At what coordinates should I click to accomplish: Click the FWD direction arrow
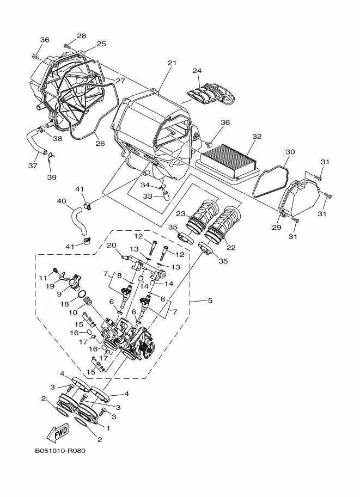click(57, 433)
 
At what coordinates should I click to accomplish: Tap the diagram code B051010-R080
click(60, 450)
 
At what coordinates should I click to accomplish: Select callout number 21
click(172, 63)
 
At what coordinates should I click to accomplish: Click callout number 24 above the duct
click(197, 70)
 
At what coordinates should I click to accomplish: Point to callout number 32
click(257, 136)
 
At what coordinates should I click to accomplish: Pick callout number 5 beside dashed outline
click(210, 300)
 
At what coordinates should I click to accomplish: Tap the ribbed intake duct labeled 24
click(211, 94)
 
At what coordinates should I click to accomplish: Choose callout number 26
click(100, 144)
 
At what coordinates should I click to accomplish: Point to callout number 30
click(290, 152)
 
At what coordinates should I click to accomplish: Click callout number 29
click(277, 227)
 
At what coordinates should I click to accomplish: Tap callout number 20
click(112, 245)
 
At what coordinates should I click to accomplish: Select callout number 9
click(59, 294)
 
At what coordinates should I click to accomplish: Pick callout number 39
click(52, 177)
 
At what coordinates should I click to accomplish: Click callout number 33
click(148, 197)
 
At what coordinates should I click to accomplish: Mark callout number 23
click(180, 214)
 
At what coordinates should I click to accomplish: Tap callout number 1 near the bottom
click(108, 428)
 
